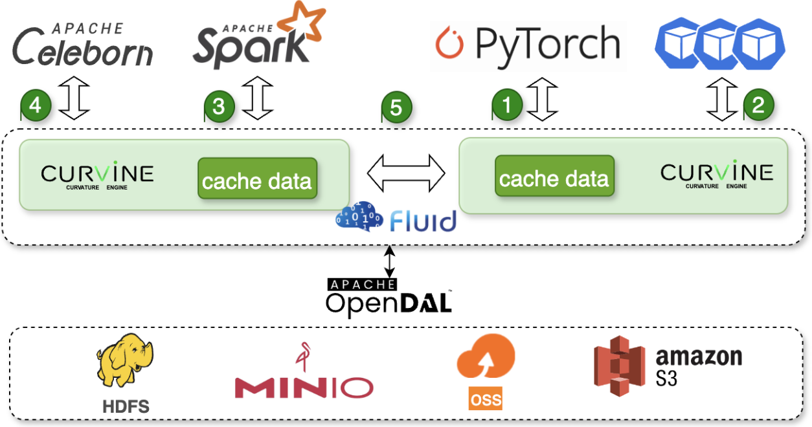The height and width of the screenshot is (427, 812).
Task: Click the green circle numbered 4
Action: click(x=36, y=105)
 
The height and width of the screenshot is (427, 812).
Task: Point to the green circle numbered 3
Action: click(x=219, y=106)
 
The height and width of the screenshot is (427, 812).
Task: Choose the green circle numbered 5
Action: click(x=396, y=107)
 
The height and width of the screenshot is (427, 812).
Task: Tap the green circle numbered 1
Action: click(x=507, y=105)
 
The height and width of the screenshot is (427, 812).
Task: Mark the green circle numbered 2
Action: click(x=758, y=105)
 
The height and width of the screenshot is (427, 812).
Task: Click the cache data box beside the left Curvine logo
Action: click(x=257, y=179)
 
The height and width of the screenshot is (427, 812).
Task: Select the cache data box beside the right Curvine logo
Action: click(x=554, y=177)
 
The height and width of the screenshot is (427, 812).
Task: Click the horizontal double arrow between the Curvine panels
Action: click(x=406, y=173)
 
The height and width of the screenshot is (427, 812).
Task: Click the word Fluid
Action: click(x=423, y=221)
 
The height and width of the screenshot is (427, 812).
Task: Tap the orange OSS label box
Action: click(x=486, y=399)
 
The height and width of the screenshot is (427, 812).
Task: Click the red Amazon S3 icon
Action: click(x=620, y=366)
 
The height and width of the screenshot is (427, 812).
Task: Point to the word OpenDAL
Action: click(x=388, y=303)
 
